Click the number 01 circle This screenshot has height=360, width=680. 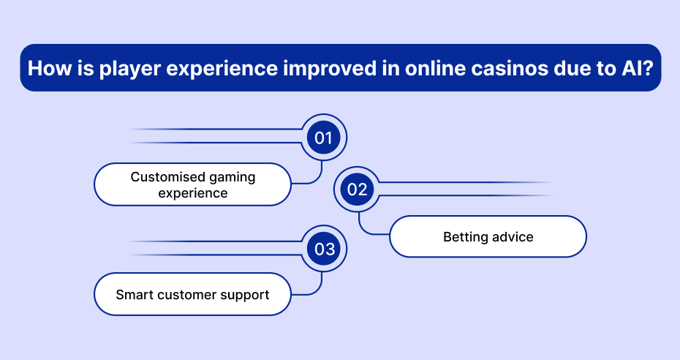[x=323, y=138]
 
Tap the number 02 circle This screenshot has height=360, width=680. [x=357, y=189]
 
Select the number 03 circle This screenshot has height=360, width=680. [x=325, y=249]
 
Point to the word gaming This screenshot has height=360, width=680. [x=233, y=178]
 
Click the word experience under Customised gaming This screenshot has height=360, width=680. [x=193, y=193]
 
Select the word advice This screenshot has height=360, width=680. [x=512, y=237]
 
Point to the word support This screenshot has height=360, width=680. [x=245, y=296]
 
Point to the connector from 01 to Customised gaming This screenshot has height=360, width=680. [x=316, y=179]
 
